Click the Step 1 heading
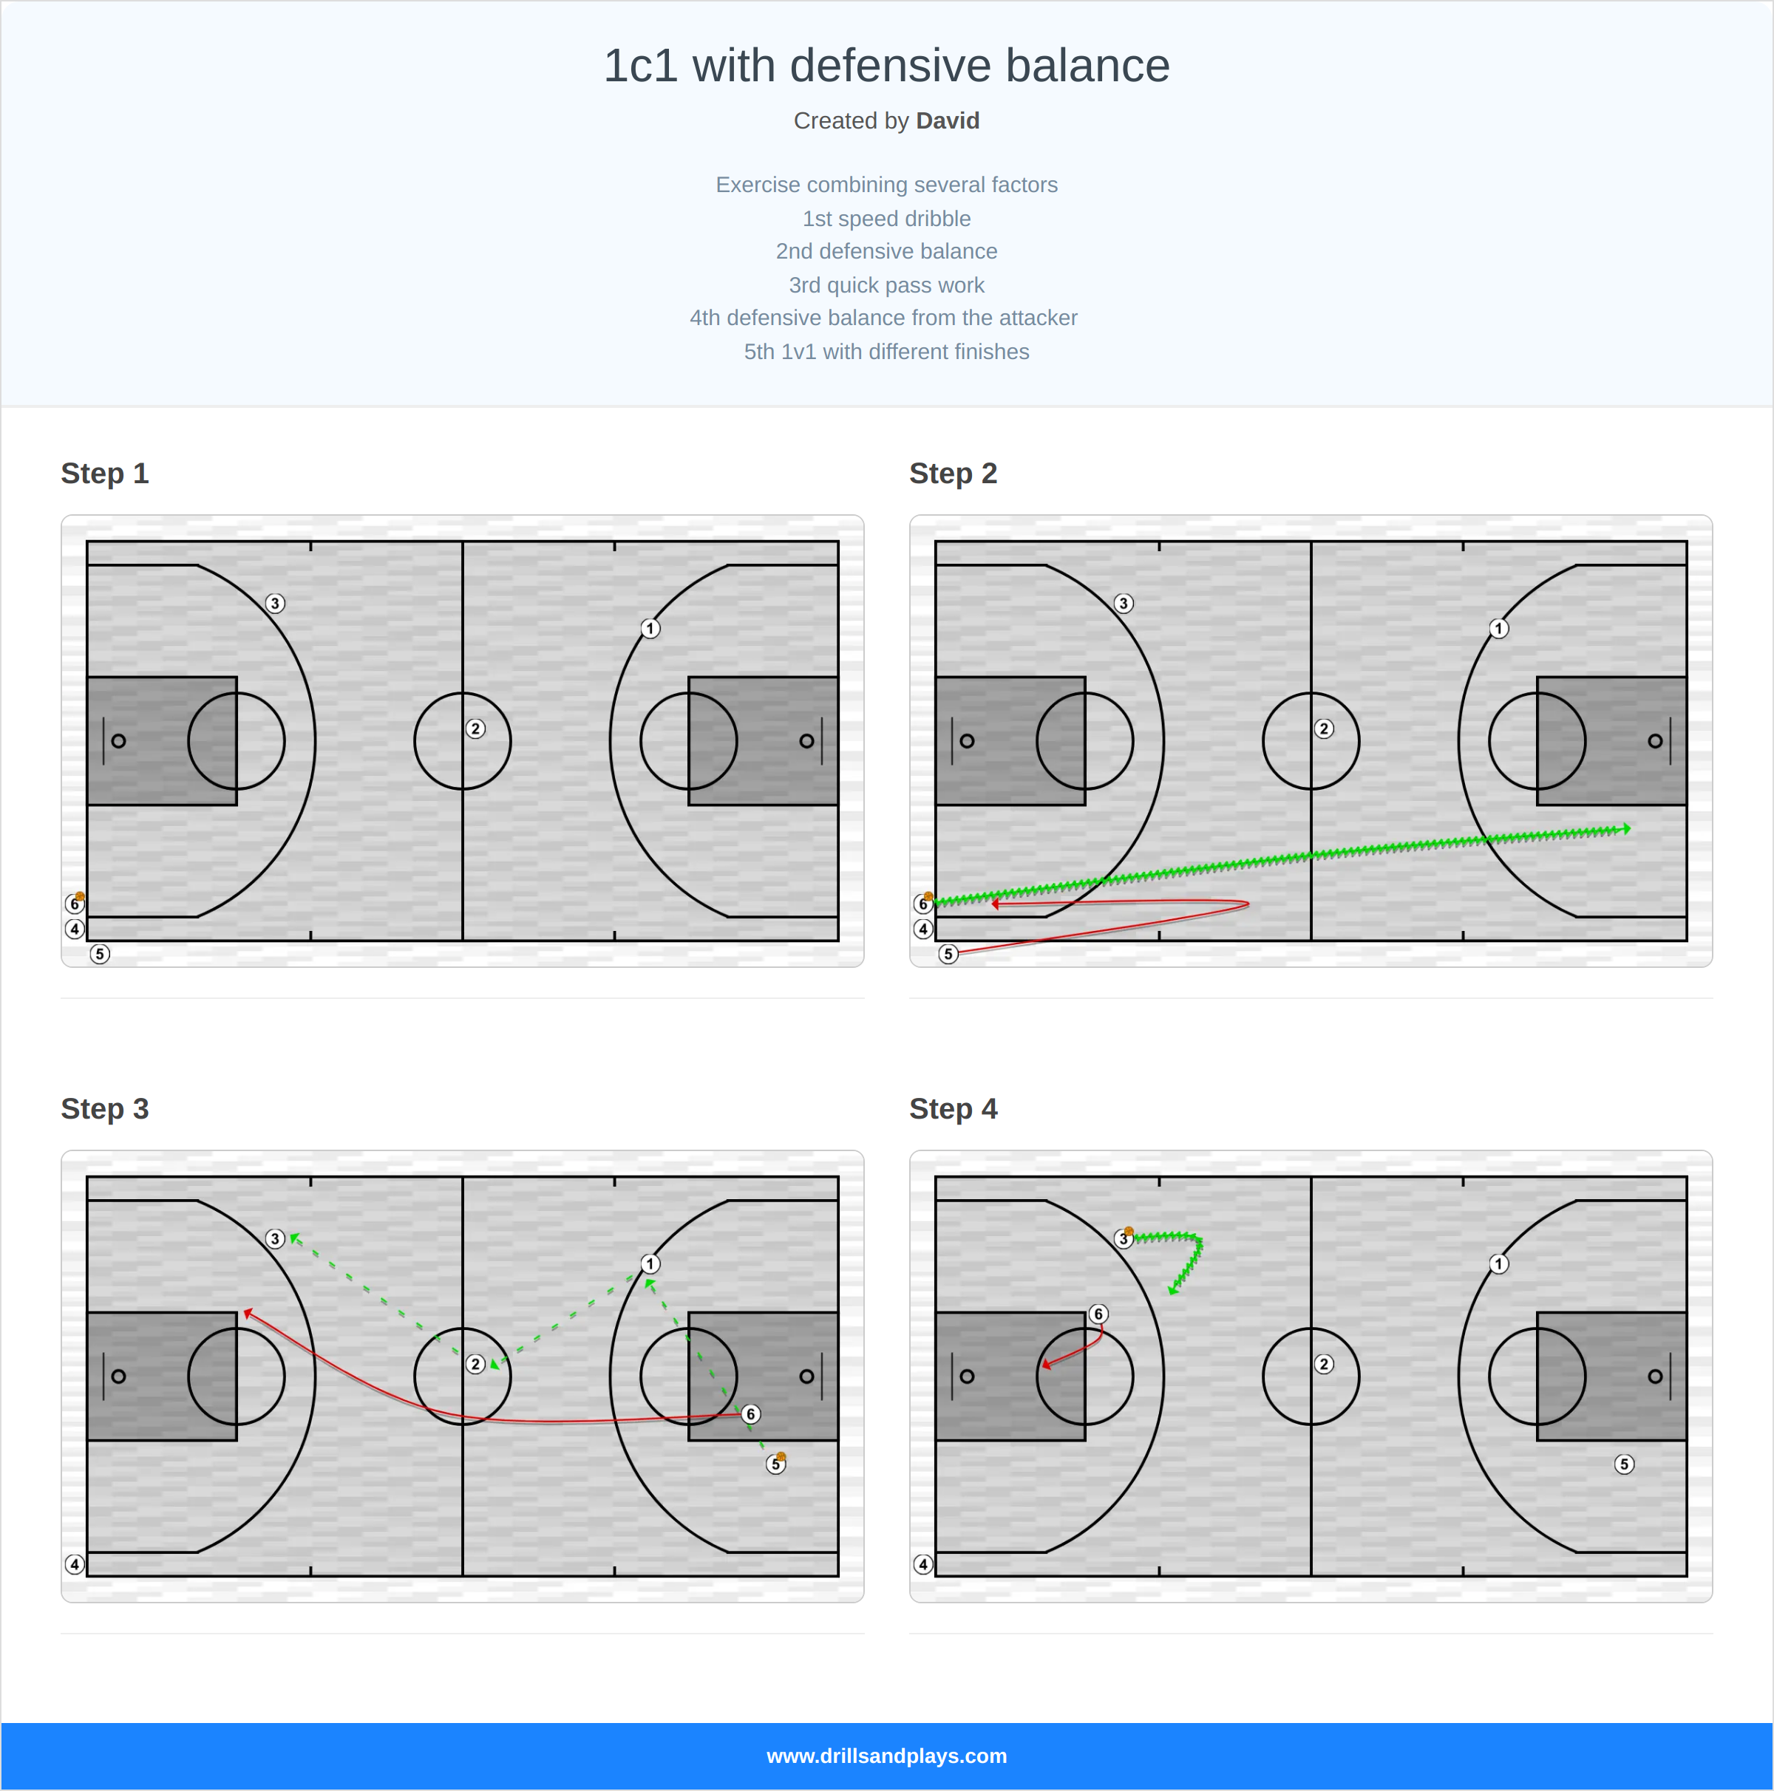105,474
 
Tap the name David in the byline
947,120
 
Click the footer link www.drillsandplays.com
886,1756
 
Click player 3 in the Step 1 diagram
274,604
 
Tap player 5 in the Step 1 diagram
100,954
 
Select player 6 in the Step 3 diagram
751,1413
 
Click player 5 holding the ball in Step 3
776,1464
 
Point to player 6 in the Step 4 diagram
1098,1314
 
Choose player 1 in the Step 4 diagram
1498,1263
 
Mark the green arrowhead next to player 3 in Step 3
295,1238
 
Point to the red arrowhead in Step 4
1047,1365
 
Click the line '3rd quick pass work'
886,284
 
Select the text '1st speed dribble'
886,219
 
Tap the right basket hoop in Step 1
806,740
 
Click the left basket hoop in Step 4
968,1376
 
